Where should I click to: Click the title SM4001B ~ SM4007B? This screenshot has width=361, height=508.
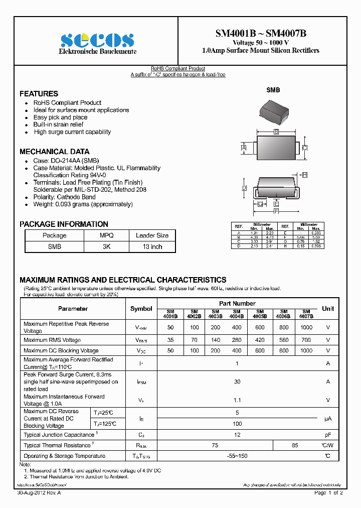click(x=261, y=34)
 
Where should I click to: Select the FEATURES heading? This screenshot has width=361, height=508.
click(x=39, y=94)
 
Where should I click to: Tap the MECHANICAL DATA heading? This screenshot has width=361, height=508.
click(x=54, y=152)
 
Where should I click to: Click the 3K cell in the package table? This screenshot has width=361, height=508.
click(x=106, y=246)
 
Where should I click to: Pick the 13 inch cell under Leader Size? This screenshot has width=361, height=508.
click(x=152, y=246)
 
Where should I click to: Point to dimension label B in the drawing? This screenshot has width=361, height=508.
click(x=276, y=132)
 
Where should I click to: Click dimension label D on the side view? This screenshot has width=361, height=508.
click(x=244, y=188)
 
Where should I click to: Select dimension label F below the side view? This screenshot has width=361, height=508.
click(x=276, y=211)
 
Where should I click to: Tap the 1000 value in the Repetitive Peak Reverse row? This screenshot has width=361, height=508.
click(x=306, y=327)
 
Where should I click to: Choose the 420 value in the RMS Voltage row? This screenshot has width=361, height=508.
click(x=259, y=340)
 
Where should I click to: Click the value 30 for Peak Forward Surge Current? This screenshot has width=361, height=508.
click(x=237, y=382)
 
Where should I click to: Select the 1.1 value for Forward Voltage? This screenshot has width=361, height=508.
click(x=237, y=400)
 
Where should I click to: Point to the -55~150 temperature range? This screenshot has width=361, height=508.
click(x=237, y=456)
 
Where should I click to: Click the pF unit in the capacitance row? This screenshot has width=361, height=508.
click(x=328, y=435)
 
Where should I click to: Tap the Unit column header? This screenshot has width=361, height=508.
click(x=328, y=309)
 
